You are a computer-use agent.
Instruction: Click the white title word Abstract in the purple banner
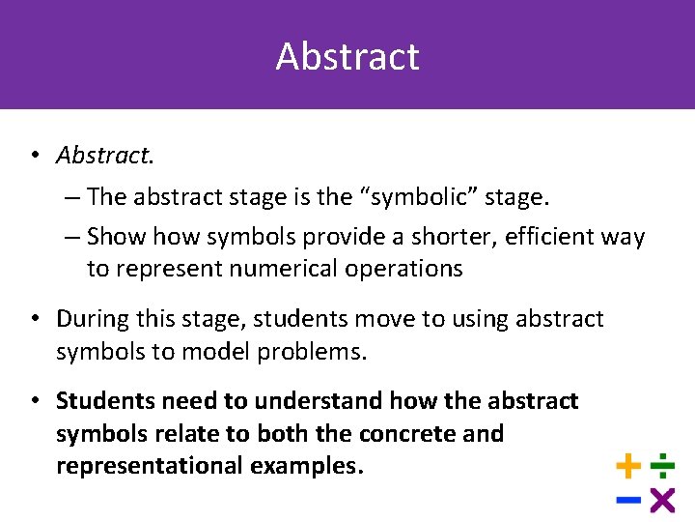click(347, 56)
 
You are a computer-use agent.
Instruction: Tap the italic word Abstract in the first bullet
click(97, 155)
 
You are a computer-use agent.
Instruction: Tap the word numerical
click(272, 269)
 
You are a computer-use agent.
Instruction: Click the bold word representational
click(150, 466)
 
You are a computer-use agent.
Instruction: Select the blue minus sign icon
click(628, 500)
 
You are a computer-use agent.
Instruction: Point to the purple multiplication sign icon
click(662, 500)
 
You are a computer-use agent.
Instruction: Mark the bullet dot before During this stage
click(34, 319)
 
